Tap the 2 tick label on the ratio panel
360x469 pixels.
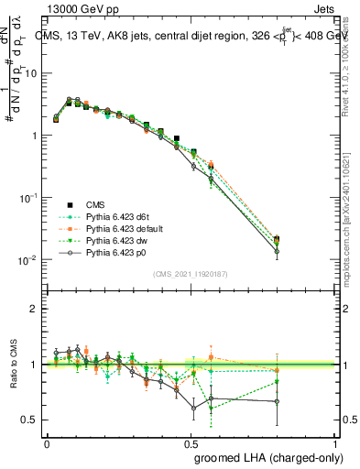point(37,309)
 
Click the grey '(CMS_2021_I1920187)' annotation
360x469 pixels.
point(191,274)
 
